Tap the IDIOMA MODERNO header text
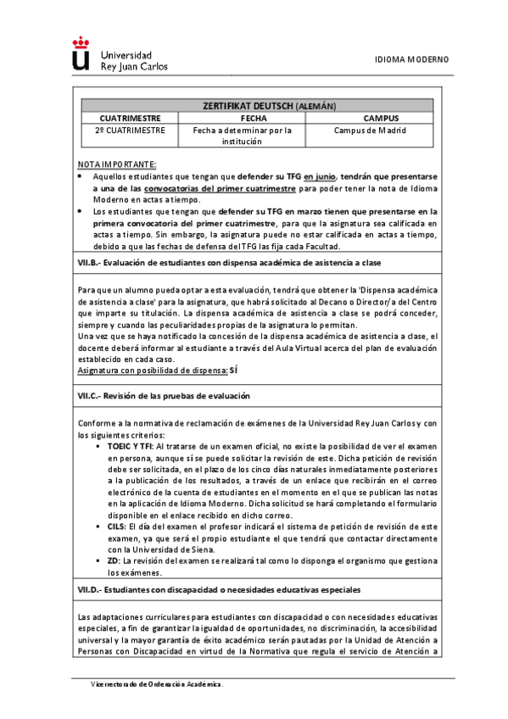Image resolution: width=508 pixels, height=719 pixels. (x=411, y=59)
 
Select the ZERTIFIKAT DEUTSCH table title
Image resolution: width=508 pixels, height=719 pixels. (x=269, y=105)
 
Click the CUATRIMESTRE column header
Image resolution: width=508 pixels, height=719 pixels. (x=131, y=119)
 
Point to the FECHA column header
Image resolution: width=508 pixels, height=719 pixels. (x=242, y=119)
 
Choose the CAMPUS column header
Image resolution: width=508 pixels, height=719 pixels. (x=369, y=119)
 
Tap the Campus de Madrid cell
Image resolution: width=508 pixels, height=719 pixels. (x=369, y=131)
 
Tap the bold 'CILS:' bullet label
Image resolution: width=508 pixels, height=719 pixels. (x=118, y=527)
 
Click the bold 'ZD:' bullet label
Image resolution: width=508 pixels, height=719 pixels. (x=114, y=561)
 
